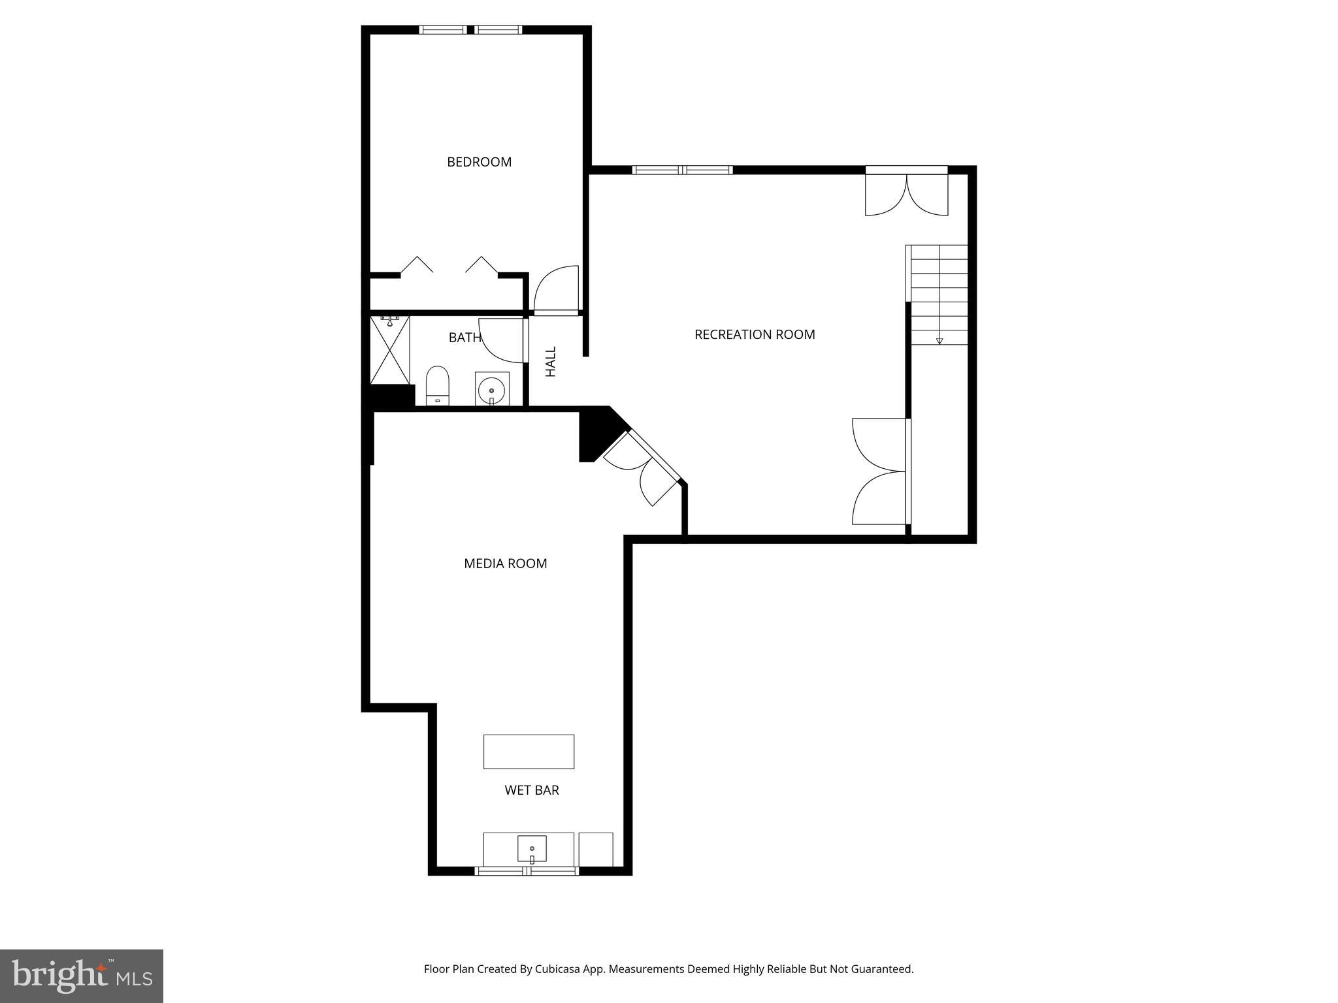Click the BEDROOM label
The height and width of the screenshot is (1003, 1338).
tap(479, 162)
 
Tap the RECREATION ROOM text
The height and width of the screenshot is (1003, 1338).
tap(754, 334)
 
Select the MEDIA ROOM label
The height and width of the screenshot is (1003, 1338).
tap(505, 564)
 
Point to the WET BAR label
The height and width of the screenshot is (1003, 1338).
tap(531, 790)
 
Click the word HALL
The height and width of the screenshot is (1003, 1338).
tap(551, 362)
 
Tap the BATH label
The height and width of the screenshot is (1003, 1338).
tap(465, 338)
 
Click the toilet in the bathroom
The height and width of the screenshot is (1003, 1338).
tap(438, 385)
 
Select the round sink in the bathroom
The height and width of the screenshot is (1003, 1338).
tap(491, 390)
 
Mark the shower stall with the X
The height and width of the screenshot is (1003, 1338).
tap(390, 350)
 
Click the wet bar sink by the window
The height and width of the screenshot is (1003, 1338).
tap(532, 849)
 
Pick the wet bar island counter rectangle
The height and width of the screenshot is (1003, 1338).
tap(529, 752)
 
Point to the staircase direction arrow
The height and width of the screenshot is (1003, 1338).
tap(939, 340)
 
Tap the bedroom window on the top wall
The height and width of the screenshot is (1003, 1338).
tap(470, 29)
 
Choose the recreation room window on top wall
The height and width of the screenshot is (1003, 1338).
tap(683, 170)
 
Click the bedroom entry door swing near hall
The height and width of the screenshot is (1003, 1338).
tap(557, 290)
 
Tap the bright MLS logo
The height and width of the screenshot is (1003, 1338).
tap(82, 976)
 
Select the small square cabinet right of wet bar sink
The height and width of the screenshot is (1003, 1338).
tap(596, 849)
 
